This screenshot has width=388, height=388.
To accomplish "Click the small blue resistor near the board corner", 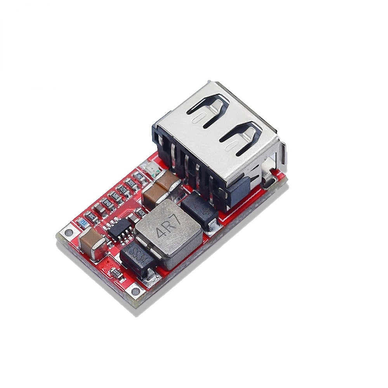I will point(82,223).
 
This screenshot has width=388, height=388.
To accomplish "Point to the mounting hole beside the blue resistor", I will point(69,233).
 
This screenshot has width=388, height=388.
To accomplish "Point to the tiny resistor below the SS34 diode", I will point(118,275).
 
